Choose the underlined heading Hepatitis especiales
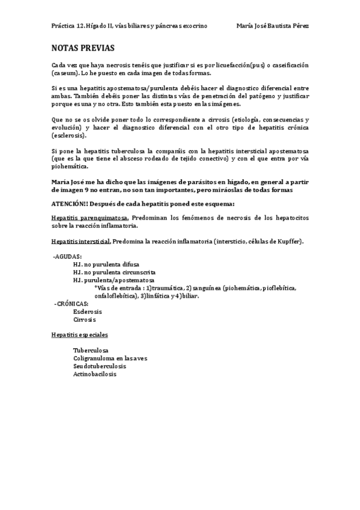[x=80, y=334]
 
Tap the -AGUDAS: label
[x=68, y=256]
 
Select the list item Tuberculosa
[x=91, y=351]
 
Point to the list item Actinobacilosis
[x=95, y=374]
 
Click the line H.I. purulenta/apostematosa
[x=114, y=280]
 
